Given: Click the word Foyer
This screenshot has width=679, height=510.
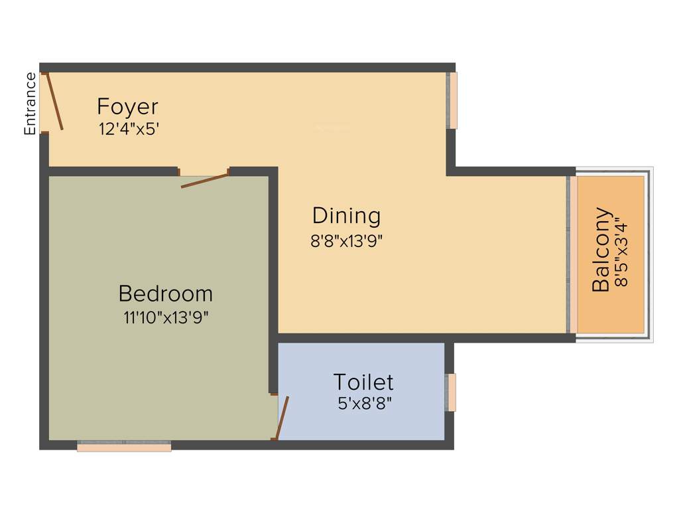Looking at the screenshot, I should [127, 106].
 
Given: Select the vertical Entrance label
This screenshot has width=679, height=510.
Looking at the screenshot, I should [31, 104].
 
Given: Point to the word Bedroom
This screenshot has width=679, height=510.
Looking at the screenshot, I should [165, 294].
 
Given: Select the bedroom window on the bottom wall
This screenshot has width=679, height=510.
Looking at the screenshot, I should [124, 447].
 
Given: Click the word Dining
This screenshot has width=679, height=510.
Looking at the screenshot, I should [346, 216].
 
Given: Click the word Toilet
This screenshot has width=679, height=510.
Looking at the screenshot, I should [363, 382].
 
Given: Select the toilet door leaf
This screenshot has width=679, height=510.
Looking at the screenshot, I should [282, 418].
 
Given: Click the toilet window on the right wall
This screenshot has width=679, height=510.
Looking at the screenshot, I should [451, 392].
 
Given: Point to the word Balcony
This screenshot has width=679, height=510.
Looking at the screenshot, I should [601, 250].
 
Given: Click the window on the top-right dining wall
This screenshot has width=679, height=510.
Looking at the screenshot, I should [452, 100].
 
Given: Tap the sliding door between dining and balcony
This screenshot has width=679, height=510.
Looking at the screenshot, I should [569, 254].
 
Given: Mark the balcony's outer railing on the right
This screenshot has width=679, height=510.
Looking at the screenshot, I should [650, 254].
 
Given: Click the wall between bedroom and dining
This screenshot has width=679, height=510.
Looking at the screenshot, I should [273, 279].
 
